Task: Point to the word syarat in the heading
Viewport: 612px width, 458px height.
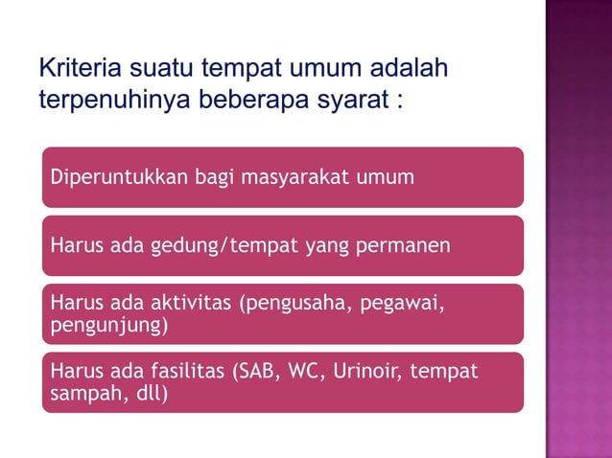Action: click(x=347, y=101)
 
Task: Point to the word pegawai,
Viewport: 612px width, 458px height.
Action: click(x=398, y=305)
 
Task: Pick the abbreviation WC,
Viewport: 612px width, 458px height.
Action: click(x=305, y=372)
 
